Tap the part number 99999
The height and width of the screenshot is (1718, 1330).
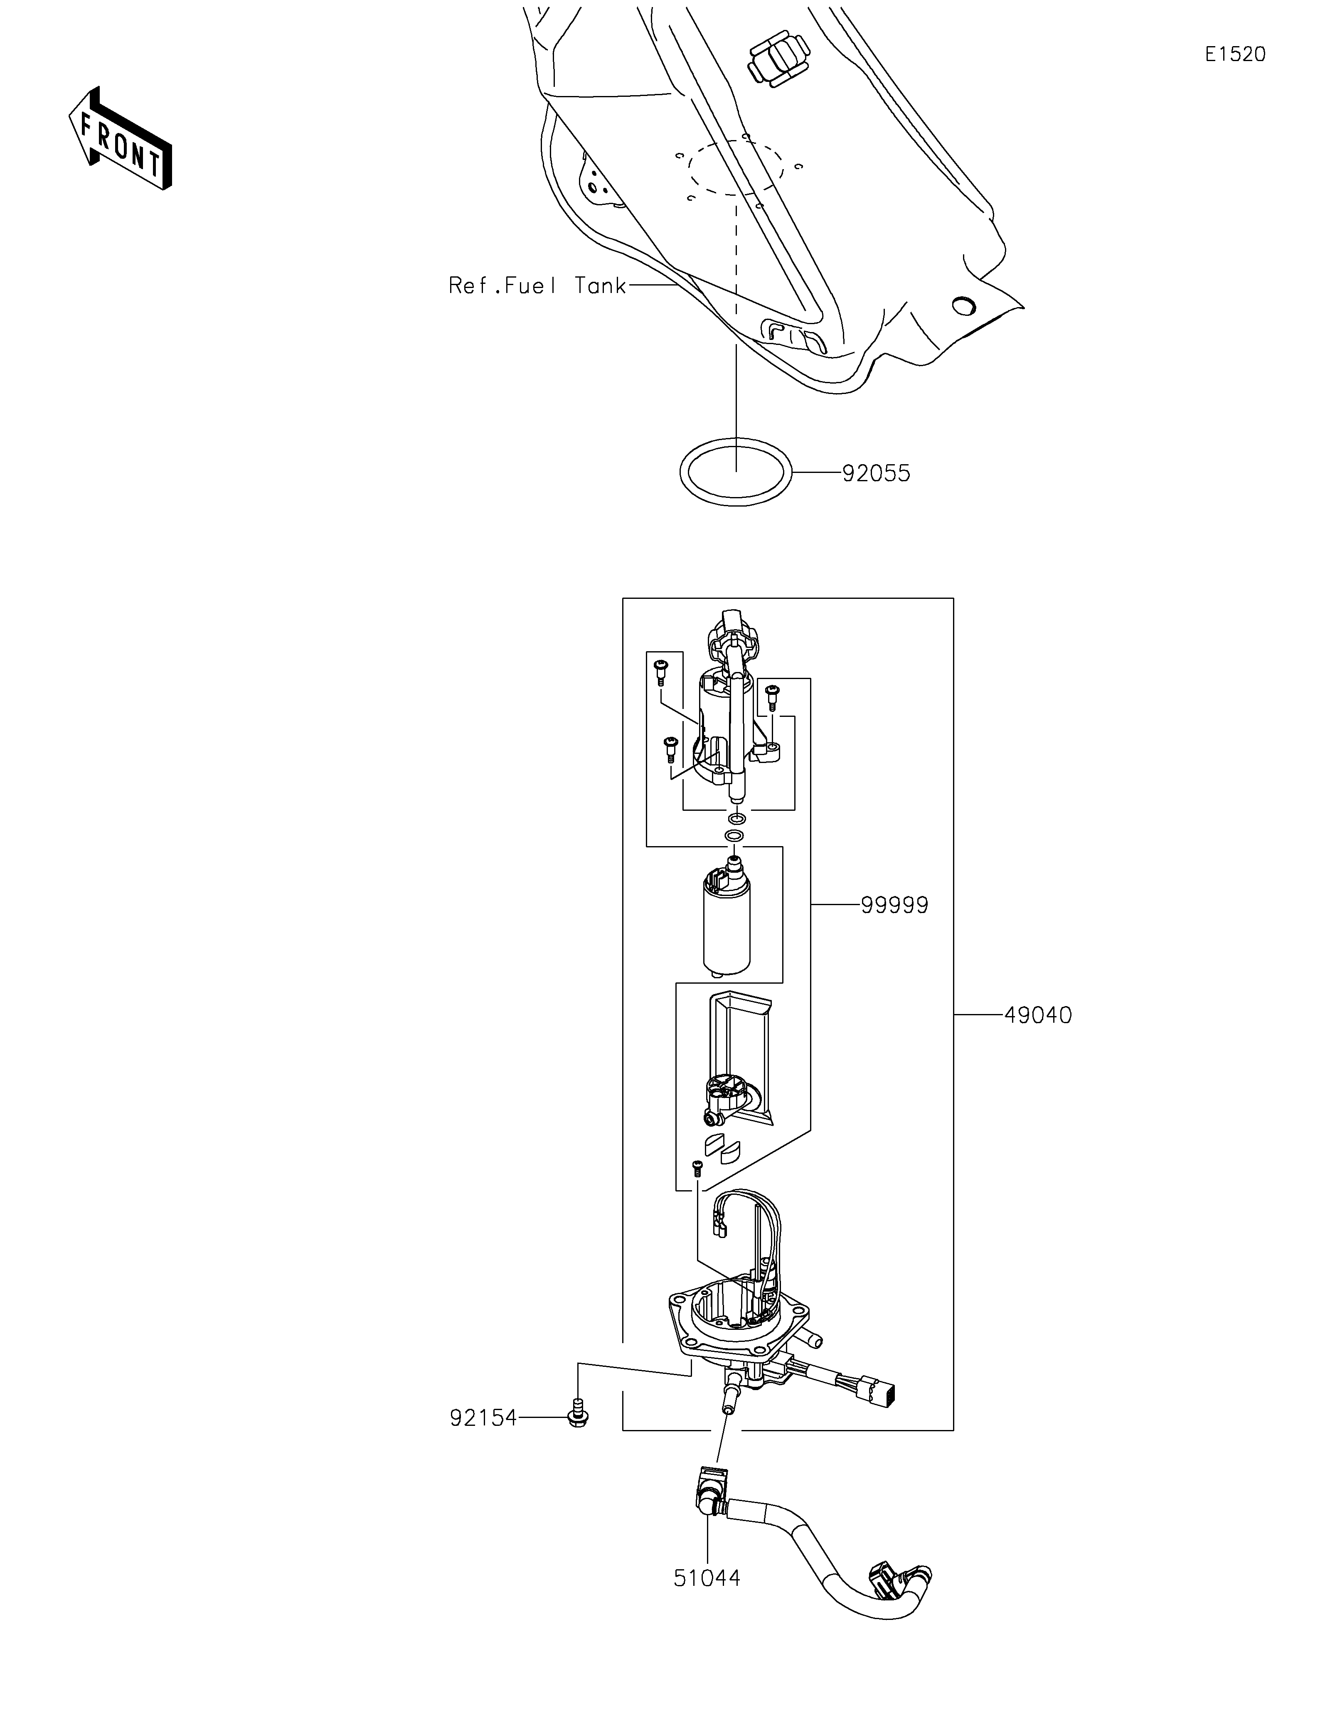click(x=894, y=906)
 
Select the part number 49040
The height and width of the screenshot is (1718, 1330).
click(x=1037, y=1016)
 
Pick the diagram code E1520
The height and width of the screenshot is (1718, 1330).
click(x=1235, y=54)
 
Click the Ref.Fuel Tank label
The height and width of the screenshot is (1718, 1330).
click(x=537, y=286)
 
